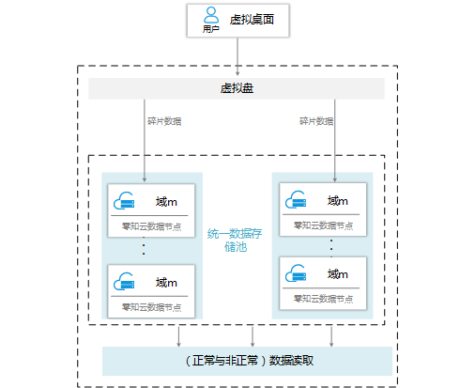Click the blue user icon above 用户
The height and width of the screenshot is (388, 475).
coord(211,15)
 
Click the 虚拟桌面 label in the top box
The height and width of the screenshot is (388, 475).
coord(252,20)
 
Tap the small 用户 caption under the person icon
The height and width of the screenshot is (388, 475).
coord(210,29)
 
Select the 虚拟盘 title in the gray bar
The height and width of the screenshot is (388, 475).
coord(237,88)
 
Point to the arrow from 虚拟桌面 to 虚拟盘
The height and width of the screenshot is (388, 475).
coord(237,56)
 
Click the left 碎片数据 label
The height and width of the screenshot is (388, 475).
coord(164,121)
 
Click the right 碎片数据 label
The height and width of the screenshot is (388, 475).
coord(316,121)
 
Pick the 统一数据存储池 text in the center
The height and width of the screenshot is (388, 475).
coord(235,241)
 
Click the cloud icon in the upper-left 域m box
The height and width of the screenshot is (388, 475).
coord(124,201)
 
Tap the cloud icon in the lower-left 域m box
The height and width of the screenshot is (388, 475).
coord(124,281)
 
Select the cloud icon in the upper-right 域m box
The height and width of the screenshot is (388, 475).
coord(296,199)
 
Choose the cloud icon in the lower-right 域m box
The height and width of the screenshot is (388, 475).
coord(296,272)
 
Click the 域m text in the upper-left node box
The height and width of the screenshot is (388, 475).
coord(166,202)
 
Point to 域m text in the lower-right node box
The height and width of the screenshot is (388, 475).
coord(338,274)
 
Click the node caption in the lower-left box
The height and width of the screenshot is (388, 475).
coord(151,307)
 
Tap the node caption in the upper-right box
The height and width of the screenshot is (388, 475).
coord(323,225)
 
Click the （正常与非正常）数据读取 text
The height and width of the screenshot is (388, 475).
coord(250,361)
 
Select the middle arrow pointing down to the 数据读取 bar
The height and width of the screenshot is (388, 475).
coord(253,336)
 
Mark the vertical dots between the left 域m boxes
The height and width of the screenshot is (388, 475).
coord(144,246)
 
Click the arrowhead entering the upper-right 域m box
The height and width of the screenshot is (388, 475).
coord(335,179)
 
